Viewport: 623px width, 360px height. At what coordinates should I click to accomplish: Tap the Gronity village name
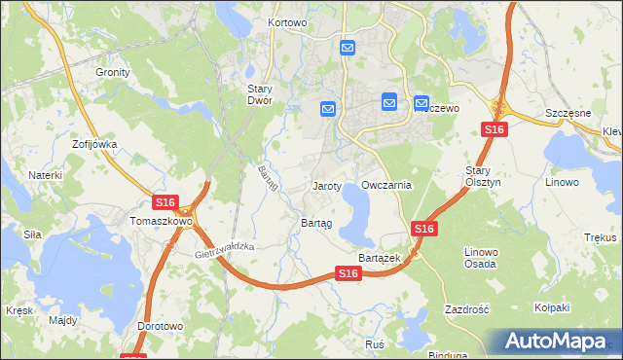click(113, 72)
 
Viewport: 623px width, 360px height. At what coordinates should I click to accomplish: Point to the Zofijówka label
click(94, 144)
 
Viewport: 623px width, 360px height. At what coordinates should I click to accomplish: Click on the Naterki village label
click(45, 175)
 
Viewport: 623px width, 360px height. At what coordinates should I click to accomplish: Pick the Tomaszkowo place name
click(162, 222)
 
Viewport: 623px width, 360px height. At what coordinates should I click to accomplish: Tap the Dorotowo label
click(160, 326)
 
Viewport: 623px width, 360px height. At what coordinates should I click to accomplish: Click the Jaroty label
click(326, 185)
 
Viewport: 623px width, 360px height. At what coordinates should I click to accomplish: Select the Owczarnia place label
click(386, 185)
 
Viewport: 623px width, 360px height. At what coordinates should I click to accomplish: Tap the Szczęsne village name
click(569, 113)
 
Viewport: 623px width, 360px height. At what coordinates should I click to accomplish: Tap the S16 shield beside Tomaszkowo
click(165, 202)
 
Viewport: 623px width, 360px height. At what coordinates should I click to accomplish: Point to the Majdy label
click(62, 319)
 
